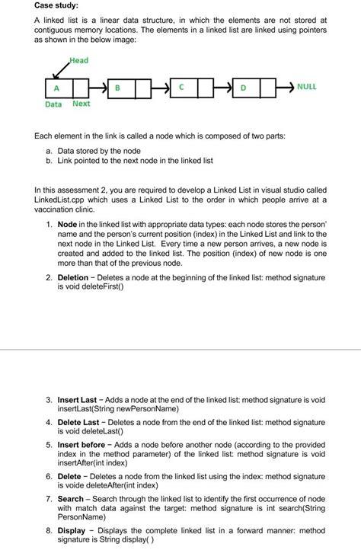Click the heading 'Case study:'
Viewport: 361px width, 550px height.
click(57, 7)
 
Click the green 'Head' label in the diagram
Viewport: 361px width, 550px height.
click(78, 60)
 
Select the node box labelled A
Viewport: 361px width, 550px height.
click(56, 87)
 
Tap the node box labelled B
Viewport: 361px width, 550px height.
click(117, 87)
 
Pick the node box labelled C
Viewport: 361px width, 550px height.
click(181, 87)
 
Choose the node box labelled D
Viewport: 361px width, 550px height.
click(243, 88)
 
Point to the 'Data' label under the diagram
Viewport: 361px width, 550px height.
click(53, 104)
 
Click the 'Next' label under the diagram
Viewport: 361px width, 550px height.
click(81, 104)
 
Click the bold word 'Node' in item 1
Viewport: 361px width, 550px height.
click(68, 225)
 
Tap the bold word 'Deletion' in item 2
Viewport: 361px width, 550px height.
click(74, 277)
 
